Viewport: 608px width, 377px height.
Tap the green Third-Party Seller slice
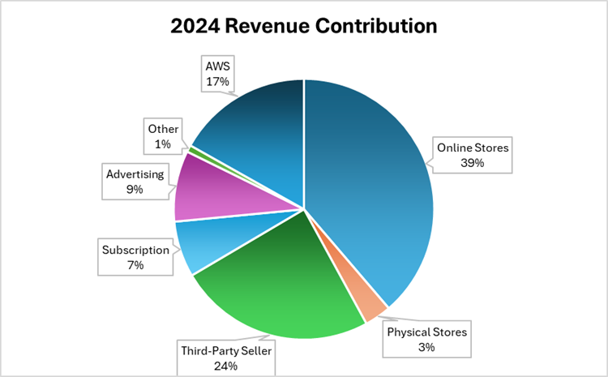[x=276, y=292]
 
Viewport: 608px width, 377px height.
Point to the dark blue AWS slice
[x=251, y=130]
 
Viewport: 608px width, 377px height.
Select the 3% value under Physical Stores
[x=426, y=347]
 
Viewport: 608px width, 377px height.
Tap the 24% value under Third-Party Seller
[x=226, y=366]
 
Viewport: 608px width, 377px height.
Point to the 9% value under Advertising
[x=134, y=190]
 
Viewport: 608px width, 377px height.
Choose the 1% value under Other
[x=162, y=144]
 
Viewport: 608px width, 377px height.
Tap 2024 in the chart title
[x=193, y=27]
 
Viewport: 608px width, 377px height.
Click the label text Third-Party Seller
[x=226, y=350]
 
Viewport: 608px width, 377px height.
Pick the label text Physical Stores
[x=426, y=332]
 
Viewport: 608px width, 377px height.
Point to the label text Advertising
[x=135, y=174]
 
